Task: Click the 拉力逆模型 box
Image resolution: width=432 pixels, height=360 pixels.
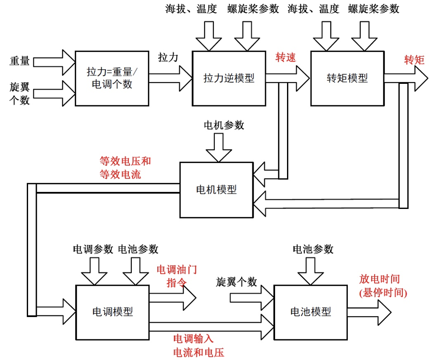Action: pos(229,78)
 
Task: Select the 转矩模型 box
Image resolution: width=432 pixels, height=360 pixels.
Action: pos(347,78)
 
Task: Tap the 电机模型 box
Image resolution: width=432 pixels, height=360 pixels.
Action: pos(216,189)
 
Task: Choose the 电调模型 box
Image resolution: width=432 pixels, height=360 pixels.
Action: pos(112,312)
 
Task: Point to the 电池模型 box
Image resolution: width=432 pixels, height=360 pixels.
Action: pos(311,312)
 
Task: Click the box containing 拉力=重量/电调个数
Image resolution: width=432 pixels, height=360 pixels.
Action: pos(112,78)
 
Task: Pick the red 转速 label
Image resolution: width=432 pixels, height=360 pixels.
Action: pos(286,58)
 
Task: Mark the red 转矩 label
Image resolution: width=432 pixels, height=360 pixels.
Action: pos(414,60)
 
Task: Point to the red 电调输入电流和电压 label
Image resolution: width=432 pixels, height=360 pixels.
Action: pos(194,345)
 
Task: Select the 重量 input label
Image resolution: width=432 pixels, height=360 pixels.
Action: pos(19,61)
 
